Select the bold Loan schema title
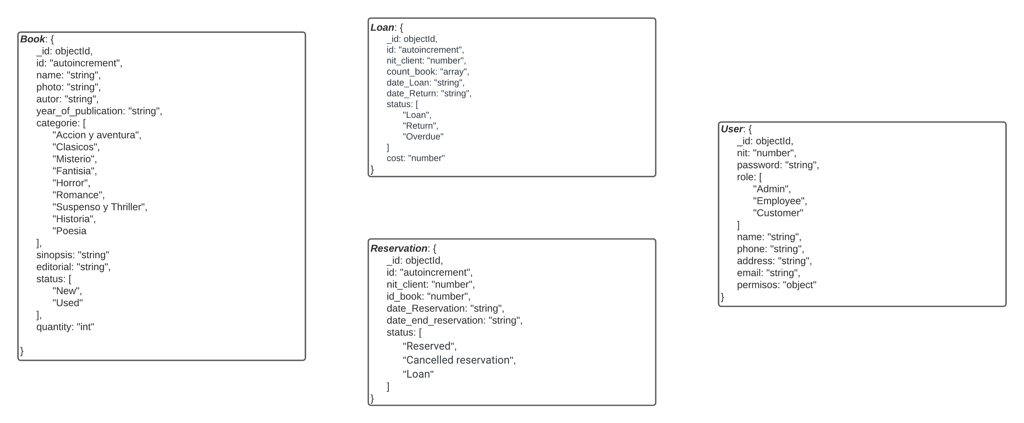(382, 28)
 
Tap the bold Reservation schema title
(399, 248)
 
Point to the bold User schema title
(732, 129)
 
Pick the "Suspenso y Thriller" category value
(99, 207)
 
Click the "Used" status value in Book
(68, 303)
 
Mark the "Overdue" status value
(423, 136)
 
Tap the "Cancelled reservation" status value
(459, 360)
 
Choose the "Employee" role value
(779, 201)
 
